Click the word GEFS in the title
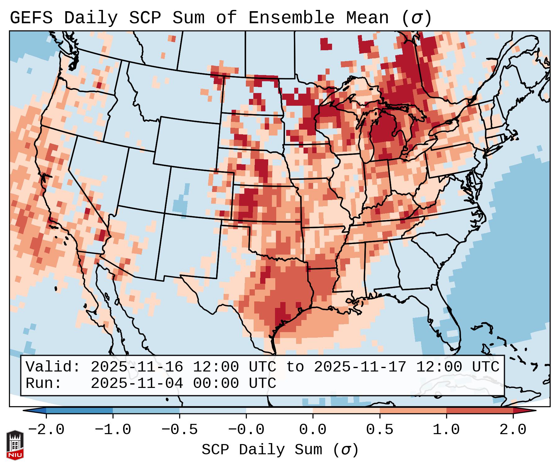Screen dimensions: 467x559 click(x=31, y=18)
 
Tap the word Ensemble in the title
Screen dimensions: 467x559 click(x=291, y=18)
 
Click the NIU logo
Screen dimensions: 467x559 click(x=15, y=445)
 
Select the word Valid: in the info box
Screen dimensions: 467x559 click(x=53, y=367)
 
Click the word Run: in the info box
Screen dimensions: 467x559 click(x=44, y=384)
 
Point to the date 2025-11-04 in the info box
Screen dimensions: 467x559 click(x=137, y=384)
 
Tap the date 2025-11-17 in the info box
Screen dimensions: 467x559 click(x=360, y=367)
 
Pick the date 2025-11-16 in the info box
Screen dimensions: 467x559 click(x=137, y=367)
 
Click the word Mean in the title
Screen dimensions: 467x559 click(x=367, y=18)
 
